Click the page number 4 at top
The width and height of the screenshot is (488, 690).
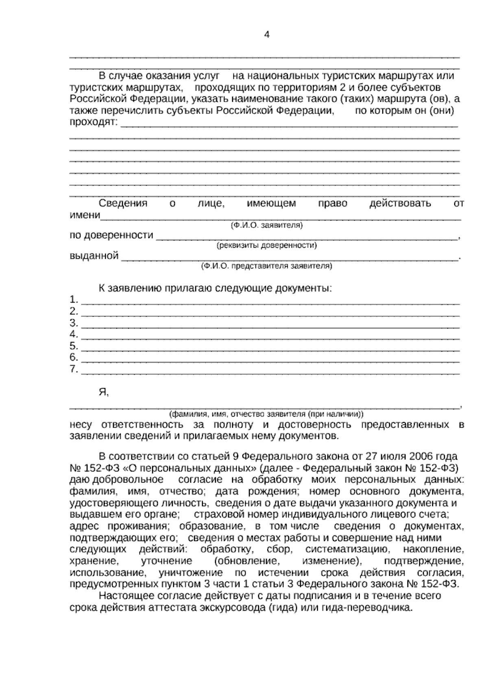(x=267, y=35)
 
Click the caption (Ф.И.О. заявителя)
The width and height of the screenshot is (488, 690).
(x=266, y=225)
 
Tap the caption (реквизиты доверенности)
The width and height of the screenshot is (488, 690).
(x=266, y=246)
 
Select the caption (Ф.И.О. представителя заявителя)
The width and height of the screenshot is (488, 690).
(x=266, y=266)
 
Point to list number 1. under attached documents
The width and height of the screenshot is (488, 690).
(x=74, y=300)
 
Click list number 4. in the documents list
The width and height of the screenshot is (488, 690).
(x=74, y=334)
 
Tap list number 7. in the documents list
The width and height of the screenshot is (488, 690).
(x=74, y=369)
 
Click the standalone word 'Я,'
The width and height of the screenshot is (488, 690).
(x=104, y=392)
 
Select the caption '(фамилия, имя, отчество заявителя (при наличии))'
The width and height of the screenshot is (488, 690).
(x=266, y=414)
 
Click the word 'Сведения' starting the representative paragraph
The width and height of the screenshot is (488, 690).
(x=123, y=203)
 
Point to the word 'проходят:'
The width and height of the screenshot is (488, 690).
(x=94, y=122)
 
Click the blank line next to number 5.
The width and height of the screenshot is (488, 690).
(x=270, y=349)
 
